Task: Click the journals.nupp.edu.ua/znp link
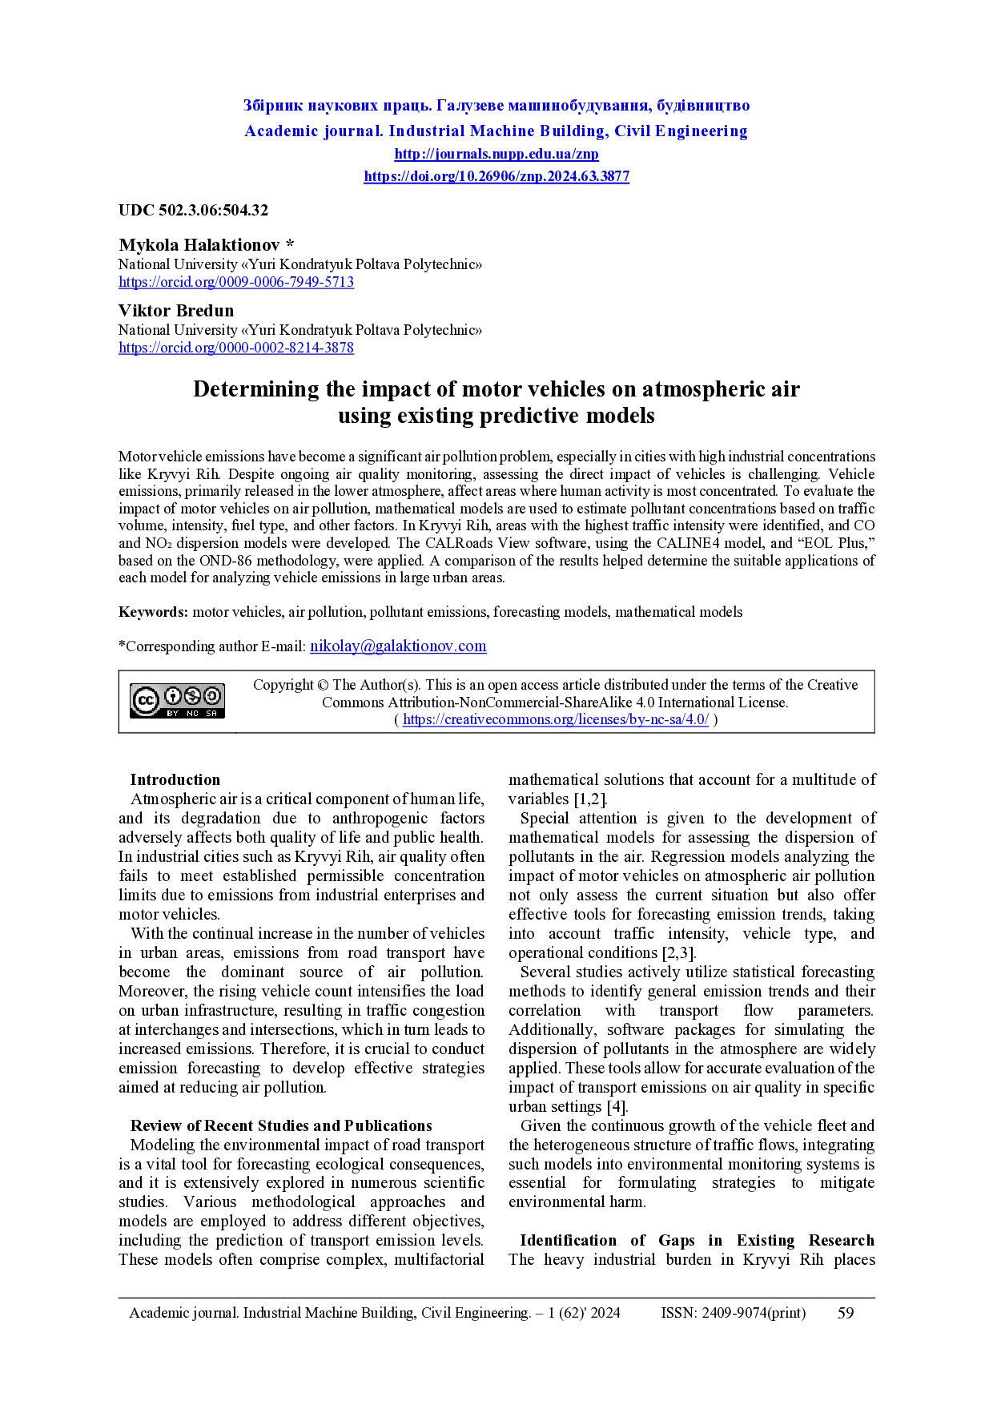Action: point(496,154)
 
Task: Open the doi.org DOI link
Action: point(496,176)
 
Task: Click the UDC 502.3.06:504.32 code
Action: point(193,211)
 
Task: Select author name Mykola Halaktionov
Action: point(199,245)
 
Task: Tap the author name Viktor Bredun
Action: point(176,311)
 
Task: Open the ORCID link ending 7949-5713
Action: point(236,282)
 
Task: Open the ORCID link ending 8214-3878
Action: point(236,348)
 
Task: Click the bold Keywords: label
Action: point(153,612)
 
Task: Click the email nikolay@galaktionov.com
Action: point(398,646)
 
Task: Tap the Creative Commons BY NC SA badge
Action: point(178,701)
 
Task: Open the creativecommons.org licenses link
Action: point(555,719)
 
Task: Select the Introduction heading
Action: point(175,780)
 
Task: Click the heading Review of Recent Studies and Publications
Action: point(281,1126)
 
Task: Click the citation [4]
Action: point(617,1107)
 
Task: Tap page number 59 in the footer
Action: point(846,1313)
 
